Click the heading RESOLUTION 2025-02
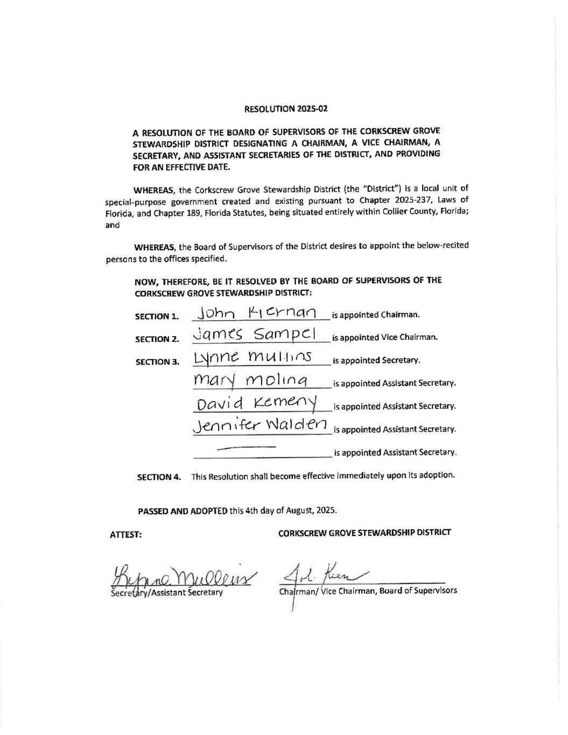point(286,109)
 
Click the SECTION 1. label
point(157,317)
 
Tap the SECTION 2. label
point(157,339)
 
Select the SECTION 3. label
point(157,362)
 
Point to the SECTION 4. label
point(159,477)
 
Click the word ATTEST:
point(125,535)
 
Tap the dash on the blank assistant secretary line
point(246,447)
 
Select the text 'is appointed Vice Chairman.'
point(384,338)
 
